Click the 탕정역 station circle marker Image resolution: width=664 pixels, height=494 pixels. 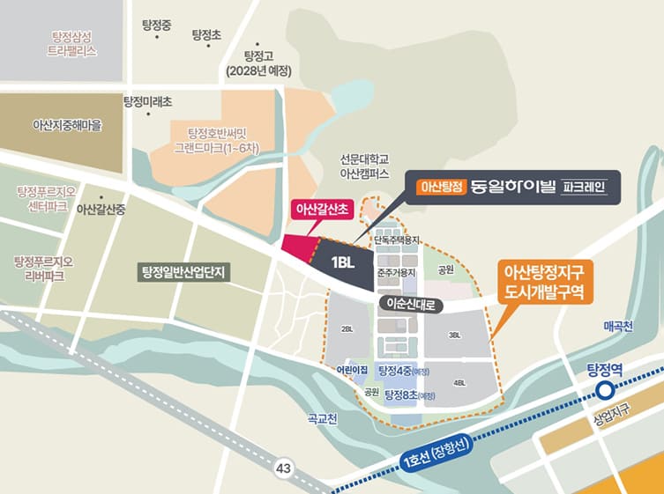605,390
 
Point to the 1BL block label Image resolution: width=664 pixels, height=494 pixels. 342,262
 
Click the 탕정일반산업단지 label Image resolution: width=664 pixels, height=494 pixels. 184,271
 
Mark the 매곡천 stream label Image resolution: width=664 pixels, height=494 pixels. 618,326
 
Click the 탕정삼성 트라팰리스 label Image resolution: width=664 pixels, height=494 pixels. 72,43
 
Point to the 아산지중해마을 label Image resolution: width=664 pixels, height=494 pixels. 67,126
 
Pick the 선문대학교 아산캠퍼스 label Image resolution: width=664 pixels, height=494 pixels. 364,167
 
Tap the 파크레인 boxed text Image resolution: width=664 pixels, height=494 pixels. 585,187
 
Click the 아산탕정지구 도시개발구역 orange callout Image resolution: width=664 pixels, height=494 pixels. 544,280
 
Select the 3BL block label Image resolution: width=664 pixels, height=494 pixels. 455,335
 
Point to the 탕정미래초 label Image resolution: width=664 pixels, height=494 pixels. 148,102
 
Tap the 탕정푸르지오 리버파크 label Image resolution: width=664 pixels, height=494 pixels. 43,269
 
